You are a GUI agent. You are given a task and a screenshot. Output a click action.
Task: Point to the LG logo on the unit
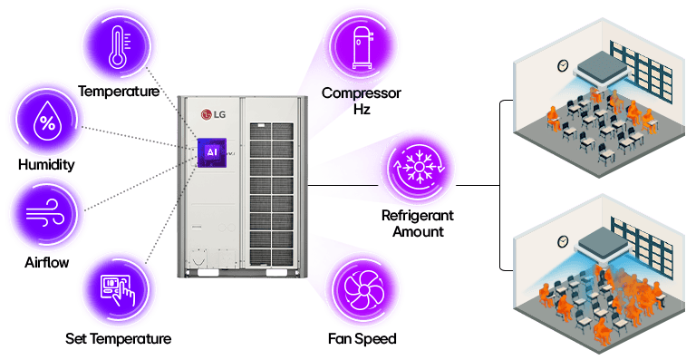pos(214,113)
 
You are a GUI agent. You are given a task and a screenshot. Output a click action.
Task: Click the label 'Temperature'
pos(119,92)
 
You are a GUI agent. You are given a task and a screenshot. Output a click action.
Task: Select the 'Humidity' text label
pos(45,165)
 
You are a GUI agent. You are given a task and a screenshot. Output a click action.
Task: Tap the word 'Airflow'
pos(46,263)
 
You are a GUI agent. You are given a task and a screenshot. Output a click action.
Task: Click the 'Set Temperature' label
pos(118,339)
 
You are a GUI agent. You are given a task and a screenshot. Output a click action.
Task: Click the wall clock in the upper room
pos(563,65)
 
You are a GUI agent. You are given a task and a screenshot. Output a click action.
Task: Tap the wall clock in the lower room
pos(563,240)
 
